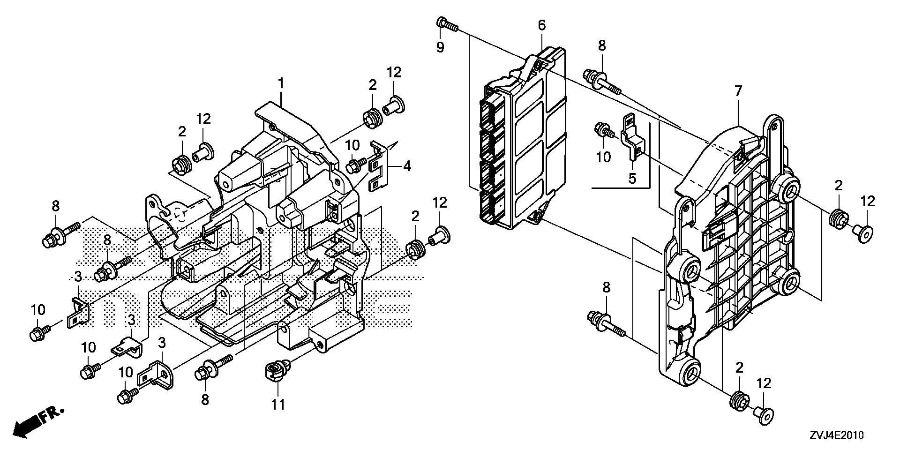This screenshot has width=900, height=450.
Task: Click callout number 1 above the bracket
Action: tap(281, 84)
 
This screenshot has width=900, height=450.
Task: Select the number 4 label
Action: tap(407, 166)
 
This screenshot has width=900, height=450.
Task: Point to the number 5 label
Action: tap(632, 178)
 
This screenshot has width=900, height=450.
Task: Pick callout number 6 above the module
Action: tap(541, 25)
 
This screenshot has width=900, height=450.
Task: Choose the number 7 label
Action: tap(738, 91)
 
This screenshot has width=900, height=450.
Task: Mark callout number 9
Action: tap(440, 47)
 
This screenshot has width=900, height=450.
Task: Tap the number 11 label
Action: tap(278, 404)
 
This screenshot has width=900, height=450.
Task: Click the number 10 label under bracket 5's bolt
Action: tap(604, 157)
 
